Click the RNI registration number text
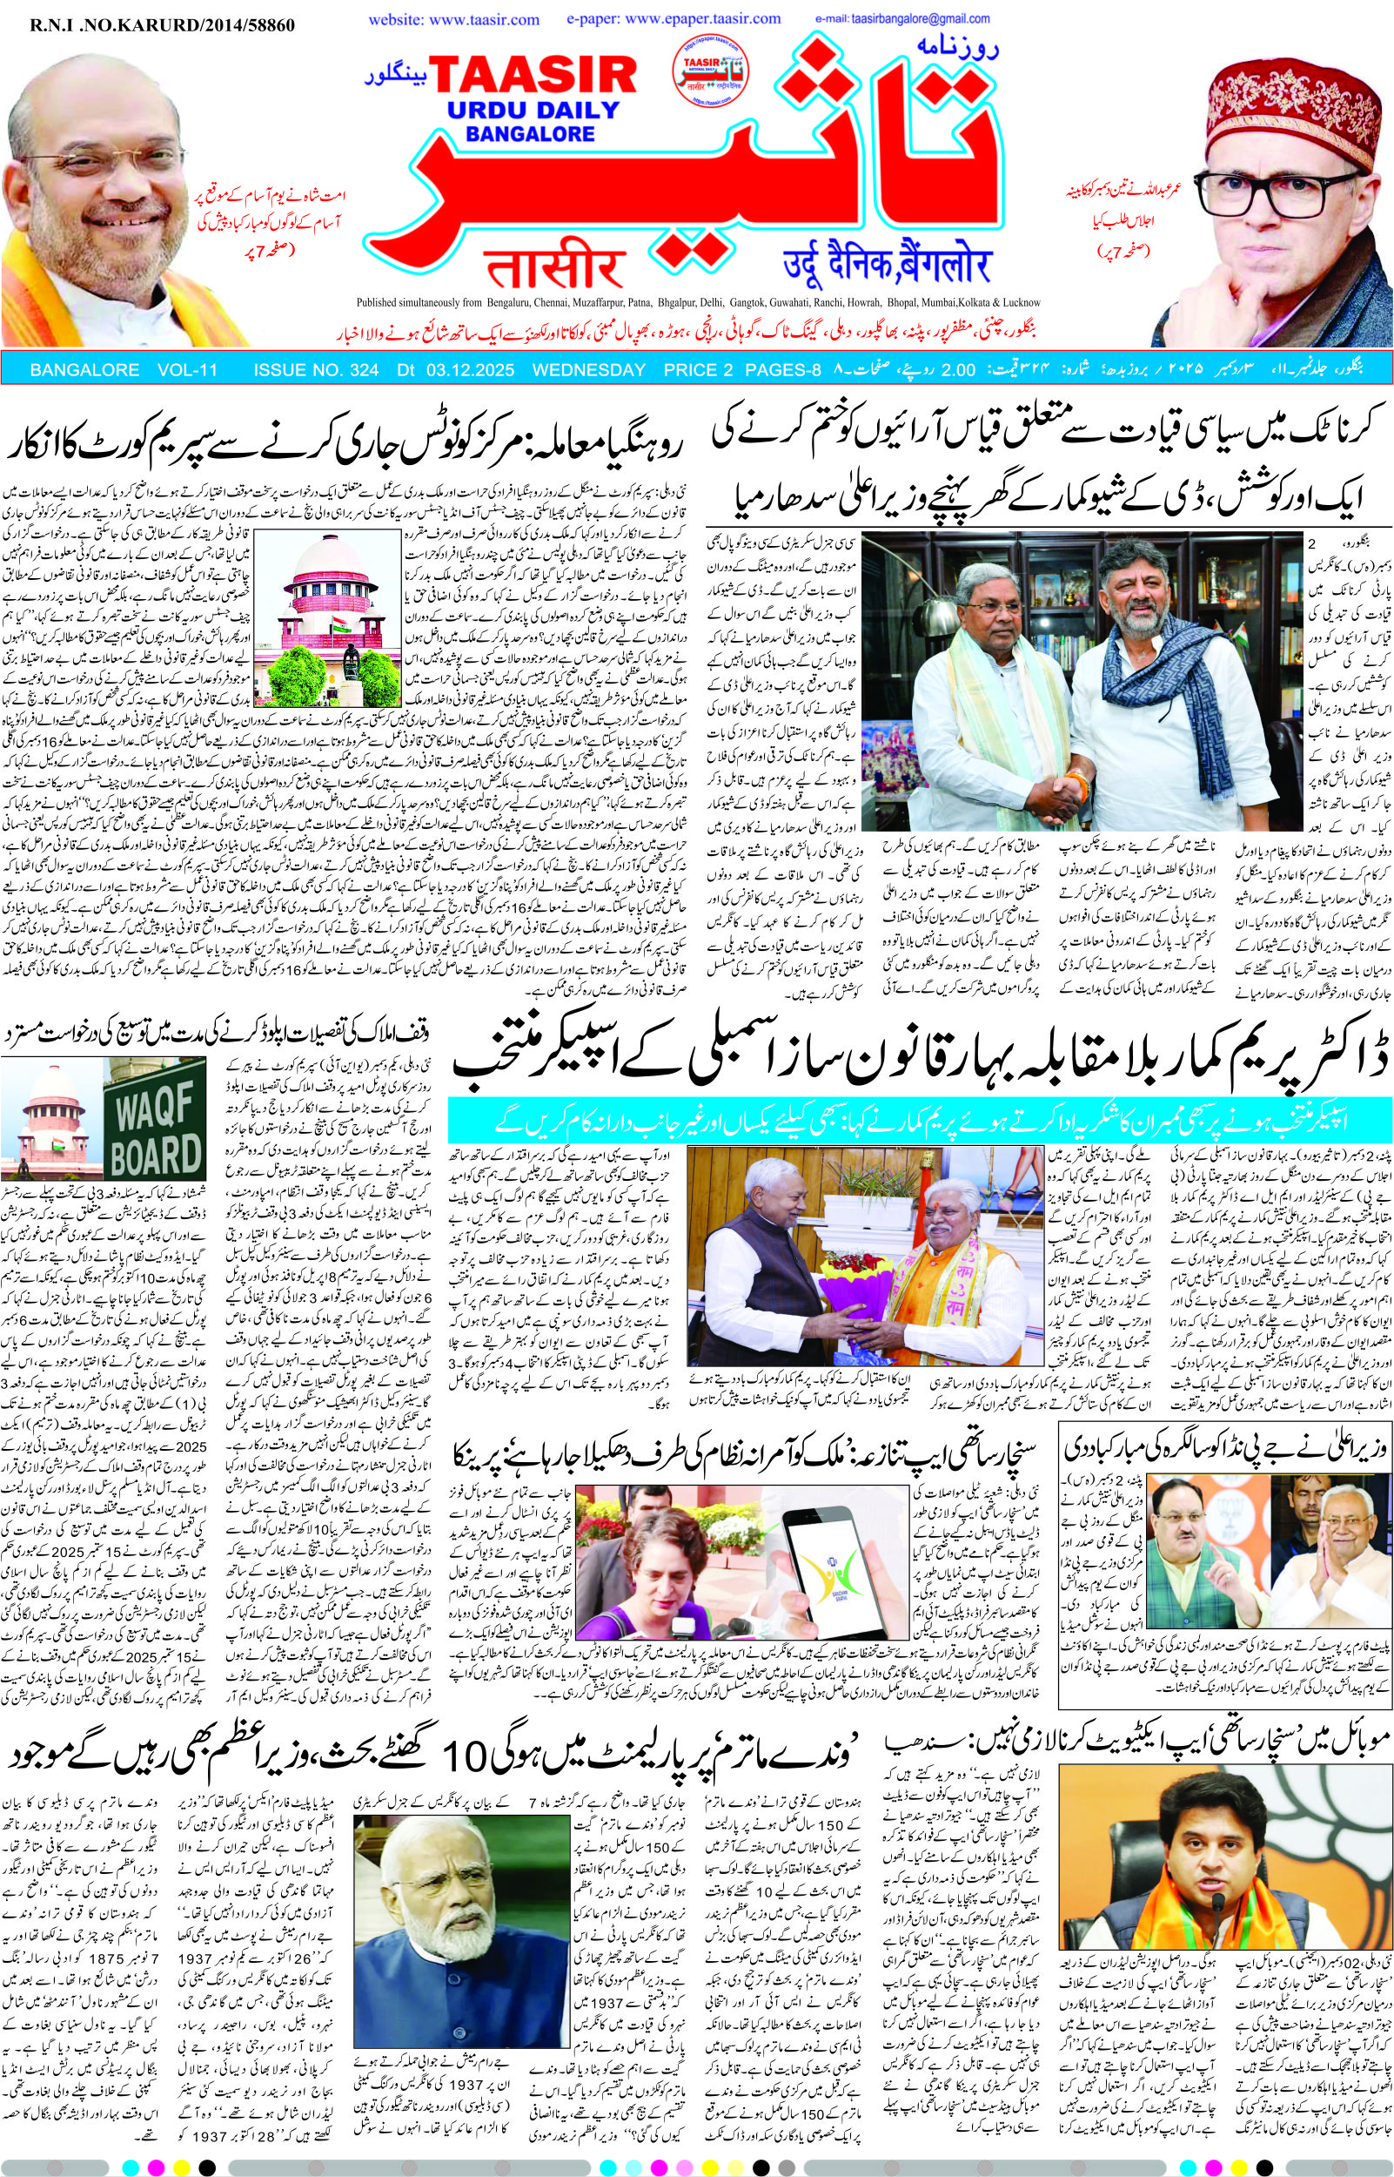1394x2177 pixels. (163, 26)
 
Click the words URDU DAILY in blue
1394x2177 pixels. (533, 111)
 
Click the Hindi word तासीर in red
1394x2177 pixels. (555, 267)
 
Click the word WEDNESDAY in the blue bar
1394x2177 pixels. (588, 370)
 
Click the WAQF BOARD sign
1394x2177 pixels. (155, 1132)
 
